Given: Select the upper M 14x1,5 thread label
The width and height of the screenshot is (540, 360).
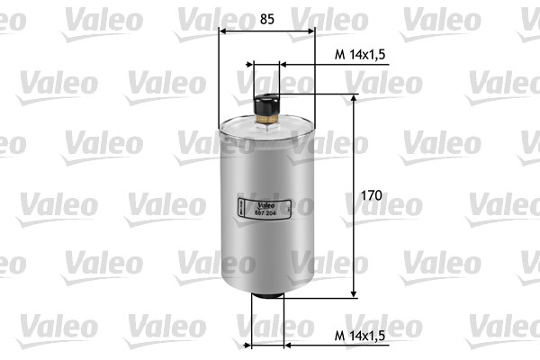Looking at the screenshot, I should point(360,55).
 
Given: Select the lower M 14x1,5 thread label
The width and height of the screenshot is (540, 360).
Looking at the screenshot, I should point(360,335).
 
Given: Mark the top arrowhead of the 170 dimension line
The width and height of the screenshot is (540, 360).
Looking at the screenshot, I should point(353,99).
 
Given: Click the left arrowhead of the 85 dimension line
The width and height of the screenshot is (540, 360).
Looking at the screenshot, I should point(223,31).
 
